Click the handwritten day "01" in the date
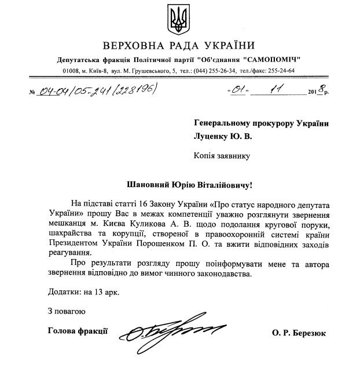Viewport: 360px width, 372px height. (x=238, y=91)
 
